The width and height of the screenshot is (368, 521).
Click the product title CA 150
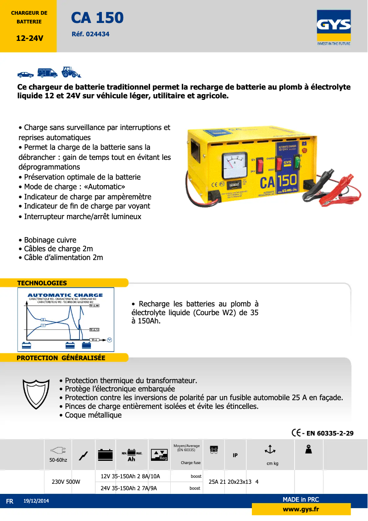97,18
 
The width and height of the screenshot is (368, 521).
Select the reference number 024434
91,34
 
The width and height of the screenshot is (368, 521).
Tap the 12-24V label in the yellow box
29,38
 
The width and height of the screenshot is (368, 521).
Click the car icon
26,74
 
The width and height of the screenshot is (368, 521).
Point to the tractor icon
71,72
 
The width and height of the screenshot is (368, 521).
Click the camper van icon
47,73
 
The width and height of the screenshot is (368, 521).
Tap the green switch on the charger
296,163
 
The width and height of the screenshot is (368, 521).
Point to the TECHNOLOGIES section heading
42,283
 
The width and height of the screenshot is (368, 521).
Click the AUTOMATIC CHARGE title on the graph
66,295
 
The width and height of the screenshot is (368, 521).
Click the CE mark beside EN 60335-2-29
296,433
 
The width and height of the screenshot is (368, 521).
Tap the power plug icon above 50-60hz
58,451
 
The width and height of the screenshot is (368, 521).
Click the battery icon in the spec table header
106,454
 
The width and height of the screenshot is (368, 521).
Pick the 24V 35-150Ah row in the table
129,488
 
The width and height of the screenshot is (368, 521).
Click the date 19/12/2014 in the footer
36,501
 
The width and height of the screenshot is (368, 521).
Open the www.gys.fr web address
301,509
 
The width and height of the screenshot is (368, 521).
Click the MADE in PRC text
301,499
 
